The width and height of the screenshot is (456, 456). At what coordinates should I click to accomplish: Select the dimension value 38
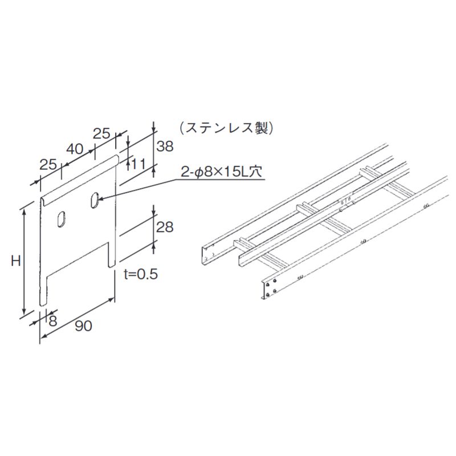click(x=165, y=146)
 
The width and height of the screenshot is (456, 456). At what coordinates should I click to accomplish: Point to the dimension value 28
click(x=165, y=227)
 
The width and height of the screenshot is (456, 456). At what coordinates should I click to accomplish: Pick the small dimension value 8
click(x=53, y=320)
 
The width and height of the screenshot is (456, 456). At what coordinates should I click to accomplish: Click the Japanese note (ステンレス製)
click(x=226, y=128)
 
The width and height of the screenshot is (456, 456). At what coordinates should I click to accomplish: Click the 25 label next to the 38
click(x=101, y=133)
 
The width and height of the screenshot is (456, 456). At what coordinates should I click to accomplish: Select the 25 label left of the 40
click(x=48, y=165)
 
